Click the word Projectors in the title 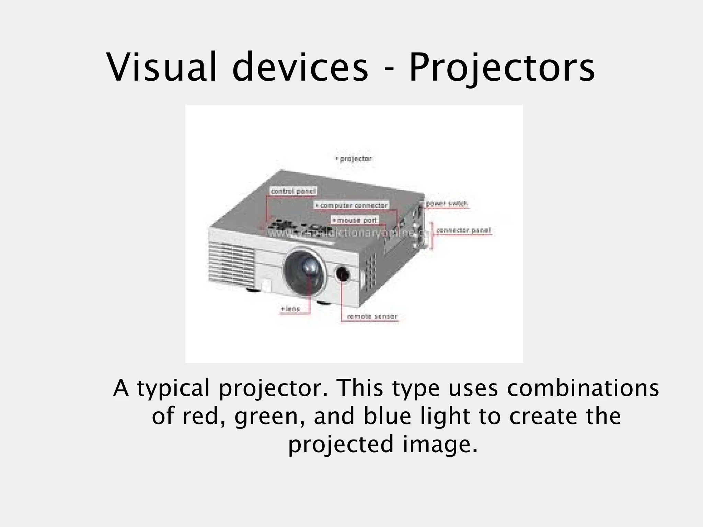pos(502,68)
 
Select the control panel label pos(293,191)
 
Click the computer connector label pos(352,205)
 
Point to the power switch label pos(446,204)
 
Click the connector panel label pos(463,231)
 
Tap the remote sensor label pos(372,317)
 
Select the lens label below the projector pos(290,309)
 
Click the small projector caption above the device pos(354,159)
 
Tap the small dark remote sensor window pos(343,274)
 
